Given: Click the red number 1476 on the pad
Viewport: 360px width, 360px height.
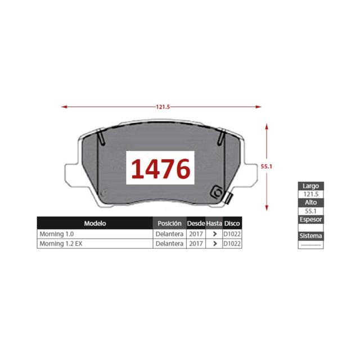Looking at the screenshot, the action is click(x=160, y=169).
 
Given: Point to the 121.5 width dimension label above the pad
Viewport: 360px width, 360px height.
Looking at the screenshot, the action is click(x=163, y=107).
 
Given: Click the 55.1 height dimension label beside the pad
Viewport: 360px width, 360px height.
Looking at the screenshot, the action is click(x=266, y=166).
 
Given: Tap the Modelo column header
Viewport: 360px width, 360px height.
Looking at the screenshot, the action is click(x=95, y=223).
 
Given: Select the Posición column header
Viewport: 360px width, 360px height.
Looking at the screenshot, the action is click(x=169, y=223).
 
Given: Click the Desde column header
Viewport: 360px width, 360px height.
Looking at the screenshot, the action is click(x=196, y=223).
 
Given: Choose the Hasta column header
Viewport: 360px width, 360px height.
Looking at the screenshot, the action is click(x=214, y=223).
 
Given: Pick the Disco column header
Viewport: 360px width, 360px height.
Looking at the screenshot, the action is click(x=232, y=223).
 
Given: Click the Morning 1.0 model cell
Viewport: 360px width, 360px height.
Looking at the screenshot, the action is click(x=56, y=234).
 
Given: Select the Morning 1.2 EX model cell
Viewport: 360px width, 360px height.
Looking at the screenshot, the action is click(x=61, y=244).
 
